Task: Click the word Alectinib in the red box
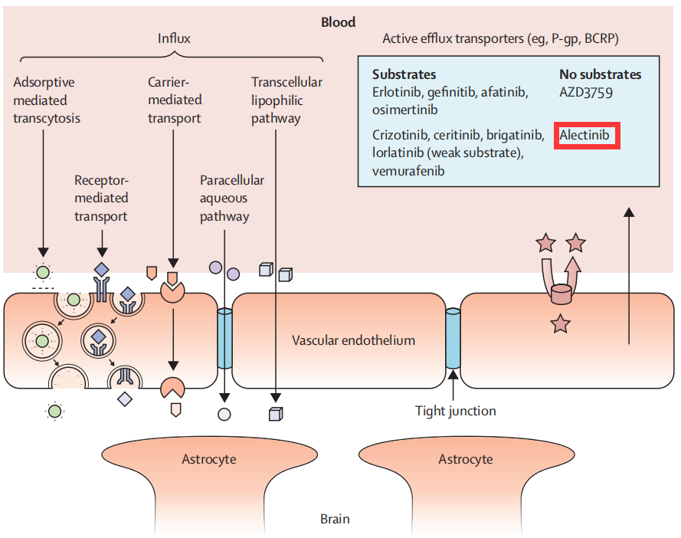pyautogui.click(x=584, y=135)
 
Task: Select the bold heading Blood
pyautogui.click(x=338, y=22)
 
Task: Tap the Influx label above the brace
pyautogui.click(x=174, y=38)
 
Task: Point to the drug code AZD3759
pyautogui.click(x=586, y=93)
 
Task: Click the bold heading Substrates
pyautogui.click(x=404, y=75)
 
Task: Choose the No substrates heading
pyautogui.click(x=601, y=75)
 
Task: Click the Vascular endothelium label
pyautogui.click(x=354, y=340)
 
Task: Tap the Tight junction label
pyautogui.click(x=456, y=411)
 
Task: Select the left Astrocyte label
pyautogui.click(x=209, y=459)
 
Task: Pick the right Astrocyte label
pyautogui.click(x=466, y=459)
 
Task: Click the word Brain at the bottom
pyautogui.click(x=335, y=519)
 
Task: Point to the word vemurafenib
pyautogui.click(x=408, y=171)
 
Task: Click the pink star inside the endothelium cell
pyautogui.click(x=560, y=323)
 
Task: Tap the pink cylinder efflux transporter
pyautogui.click(x=561, y=294)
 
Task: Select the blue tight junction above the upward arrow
pyautogui.click(x=453, y=338)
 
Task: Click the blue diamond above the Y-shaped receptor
pyautogui.click(x=102, y=270)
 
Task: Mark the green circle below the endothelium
pyautogui.click(x=54, y=411)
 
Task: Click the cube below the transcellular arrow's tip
pyautogui.click(x=276, y=414)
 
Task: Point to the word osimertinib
pyautogui.click(x=404, y=110)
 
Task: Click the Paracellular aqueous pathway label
pyautogui.click(x=232, y=198)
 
